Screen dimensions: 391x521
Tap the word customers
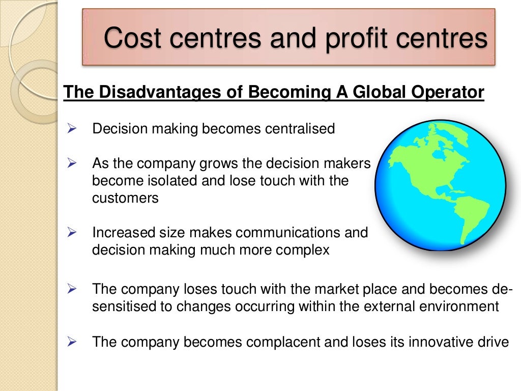pos(125,198)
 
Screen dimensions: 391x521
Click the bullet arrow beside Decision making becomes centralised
pos(71,129)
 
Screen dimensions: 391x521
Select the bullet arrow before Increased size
pos(71,233)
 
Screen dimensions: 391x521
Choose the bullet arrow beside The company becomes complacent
pos(71,342)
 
